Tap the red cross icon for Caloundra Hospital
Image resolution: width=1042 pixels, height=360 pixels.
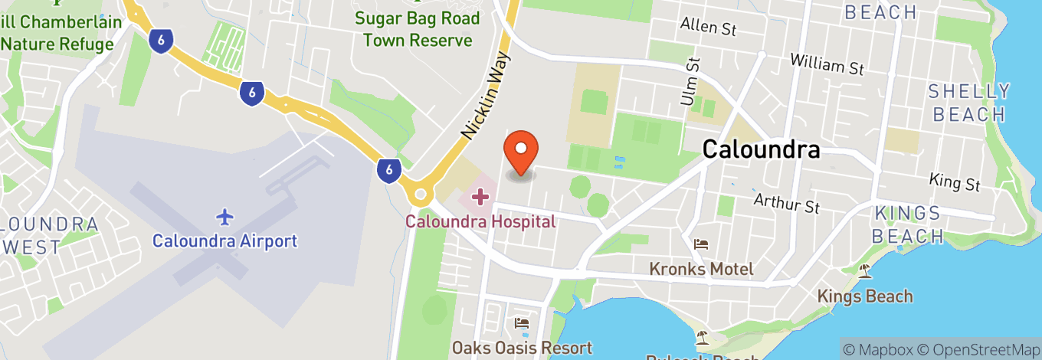480,197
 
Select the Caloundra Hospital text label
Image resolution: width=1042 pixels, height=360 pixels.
480,222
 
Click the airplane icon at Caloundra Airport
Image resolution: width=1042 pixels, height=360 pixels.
224,217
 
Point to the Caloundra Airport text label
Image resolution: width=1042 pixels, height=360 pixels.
224,241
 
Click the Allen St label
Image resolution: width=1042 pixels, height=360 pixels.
709,27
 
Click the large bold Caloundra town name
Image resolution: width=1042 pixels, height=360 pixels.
761,149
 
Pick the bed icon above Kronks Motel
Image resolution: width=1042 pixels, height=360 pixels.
701,245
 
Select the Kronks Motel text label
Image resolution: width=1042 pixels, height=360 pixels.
701,269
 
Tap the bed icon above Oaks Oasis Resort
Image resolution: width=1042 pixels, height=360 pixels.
522,324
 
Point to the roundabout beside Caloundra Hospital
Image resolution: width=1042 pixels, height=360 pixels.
419,195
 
